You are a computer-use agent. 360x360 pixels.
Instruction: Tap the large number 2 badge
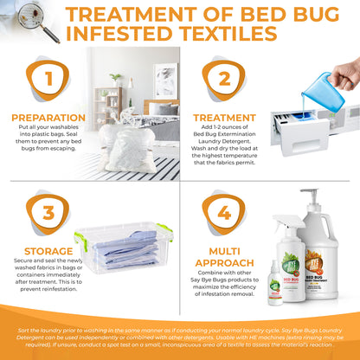(x=224, y=80)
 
